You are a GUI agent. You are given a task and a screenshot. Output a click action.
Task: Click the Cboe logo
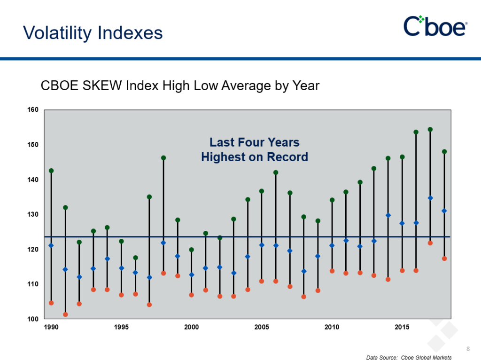[x=435, y=26]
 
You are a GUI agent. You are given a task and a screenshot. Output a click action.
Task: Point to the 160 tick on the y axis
[x=32, y=110]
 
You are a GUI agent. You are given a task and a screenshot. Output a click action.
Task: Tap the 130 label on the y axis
[x=32, y=214]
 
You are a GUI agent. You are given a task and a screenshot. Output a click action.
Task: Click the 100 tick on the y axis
[x=32, y=319]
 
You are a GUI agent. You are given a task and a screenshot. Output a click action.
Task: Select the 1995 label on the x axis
[x=121, y=327]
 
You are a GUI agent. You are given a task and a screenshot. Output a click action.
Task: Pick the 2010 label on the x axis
[x=332, y=327]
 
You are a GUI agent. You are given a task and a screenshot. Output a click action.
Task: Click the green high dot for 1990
[x=51, y=171]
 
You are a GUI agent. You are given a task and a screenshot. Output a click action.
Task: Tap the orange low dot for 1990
[x=51, y=303]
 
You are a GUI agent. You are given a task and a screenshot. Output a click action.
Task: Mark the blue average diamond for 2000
[x=191, y=274]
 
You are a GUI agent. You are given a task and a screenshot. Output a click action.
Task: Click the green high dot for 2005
[x=262, y=191]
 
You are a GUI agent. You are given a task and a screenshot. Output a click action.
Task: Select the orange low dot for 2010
[x=332, y=271]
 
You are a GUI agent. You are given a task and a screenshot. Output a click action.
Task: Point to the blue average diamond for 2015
[x=402, y=223]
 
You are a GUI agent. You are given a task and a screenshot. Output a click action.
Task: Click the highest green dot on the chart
[x=430, y=129]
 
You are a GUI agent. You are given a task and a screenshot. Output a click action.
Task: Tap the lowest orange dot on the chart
[x=65, y=314]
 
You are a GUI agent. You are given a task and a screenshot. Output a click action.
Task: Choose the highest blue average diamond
[x=430, y=198]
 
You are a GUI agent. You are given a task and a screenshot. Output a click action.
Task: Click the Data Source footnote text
[x=409, y=358]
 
